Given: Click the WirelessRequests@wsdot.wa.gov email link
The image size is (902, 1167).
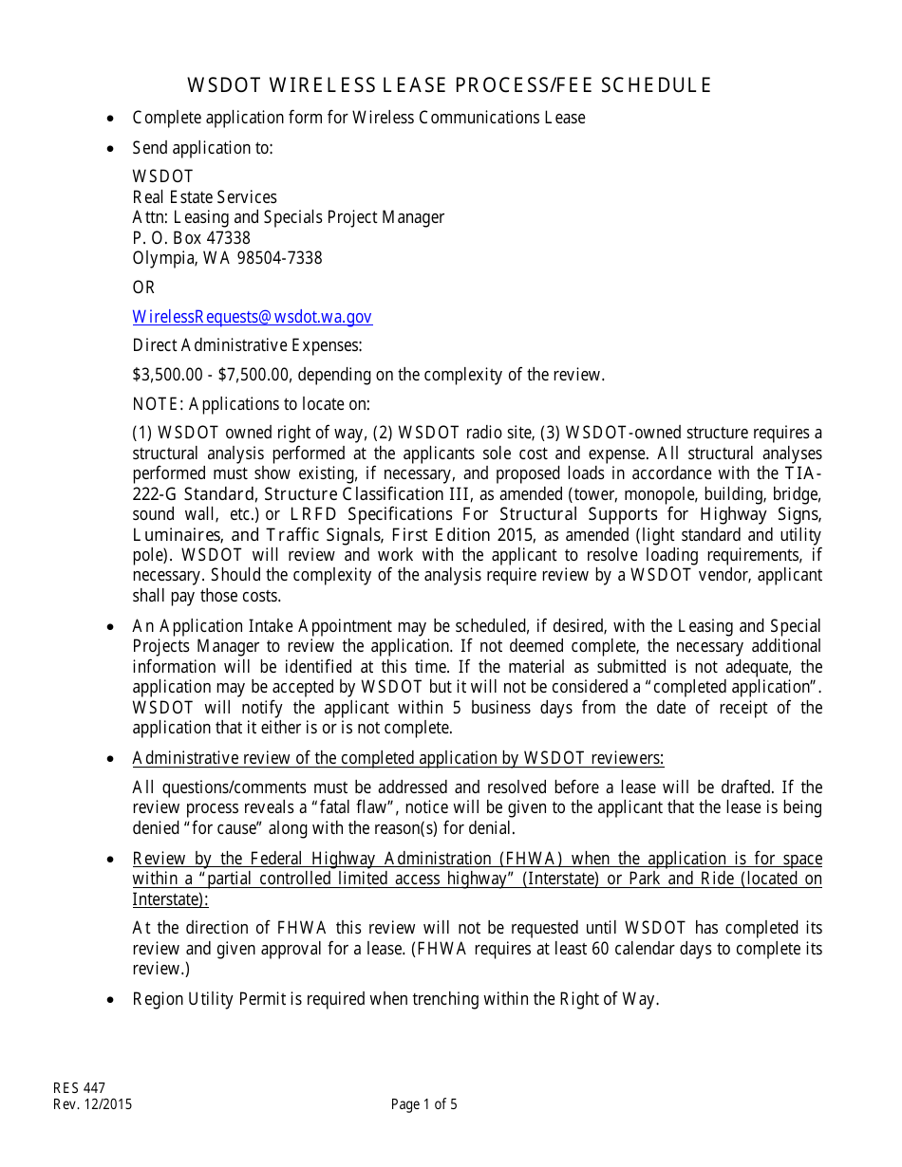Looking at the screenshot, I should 252,317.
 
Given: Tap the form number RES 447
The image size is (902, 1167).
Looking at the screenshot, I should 79,1088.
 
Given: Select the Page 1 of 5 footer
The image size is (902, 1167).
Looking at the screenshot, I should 423,1104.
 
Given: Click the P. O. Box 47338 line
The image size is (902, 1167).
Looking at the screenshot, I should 191,238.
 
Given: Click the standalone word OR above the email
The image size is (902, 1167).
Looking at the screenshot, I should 143,287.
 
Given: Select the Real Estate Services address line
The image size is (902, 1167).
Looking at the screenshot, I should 204,197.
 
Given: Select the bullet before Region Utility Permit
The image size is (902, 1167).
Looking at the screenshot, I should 111,999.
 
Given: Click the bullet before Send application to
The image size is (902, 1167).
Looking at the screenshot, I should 111,148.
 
